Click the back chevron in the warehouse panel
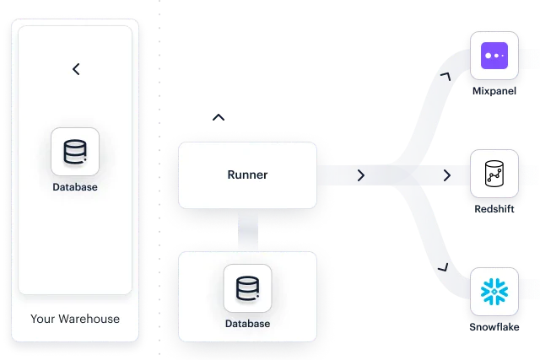(76, 69)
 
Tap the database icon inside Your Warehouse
(75, 152)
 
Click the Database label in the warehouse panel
(75, 187)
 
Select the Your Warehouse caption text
(75, 319)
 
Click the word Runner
(247, 175)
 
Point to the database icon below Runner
(247, 288)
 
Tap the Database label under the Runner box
(247, 324)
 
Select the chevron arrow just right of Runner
(361, 175)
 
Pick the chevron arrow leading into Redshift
(447, 175)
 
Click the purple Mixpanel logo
(494, 56)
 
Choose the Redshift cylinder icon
(494, 174)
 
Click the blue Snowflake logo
(494, 292)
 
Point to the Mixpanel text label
(494, 89)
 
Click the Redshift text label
(494, 207)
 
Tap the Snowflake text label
(494, 325)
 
